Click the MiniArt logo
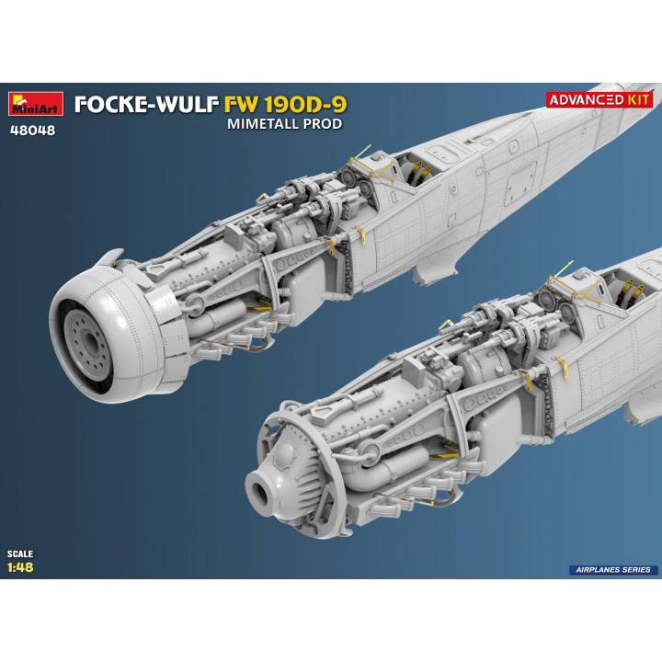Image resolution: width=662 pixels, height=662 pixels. point(36,103)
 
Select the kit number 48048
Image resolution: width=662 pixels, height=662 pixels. point(33,131)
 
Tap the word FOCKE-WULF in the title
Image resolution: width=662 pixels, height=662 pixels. point(147,105)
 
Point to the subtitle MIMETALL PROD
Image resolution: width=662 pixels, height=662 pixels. point(284,124)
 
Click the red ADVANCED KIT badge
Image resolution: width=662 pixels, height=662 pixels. point(599,99)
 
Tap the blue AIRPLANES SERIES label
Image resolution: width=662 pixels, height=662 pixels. point(613,569)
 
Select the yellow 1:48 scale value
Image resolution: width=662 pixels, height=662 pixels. point(20,567)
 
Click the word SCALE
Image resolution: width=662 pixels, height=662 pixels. point(20,554)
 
